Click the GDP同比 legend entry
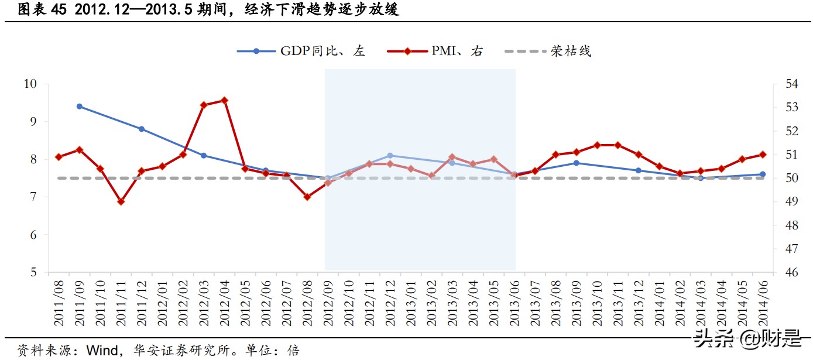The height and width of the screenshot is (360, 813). [x=301, y=51]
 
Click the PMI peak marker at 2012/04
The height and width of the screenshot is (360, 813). [x=224, y=100]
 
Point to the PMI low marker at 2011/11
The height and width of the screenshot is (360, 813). [x=121, y=201]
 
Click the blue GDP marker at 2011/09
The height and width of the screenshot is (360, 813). [x=79, y=107]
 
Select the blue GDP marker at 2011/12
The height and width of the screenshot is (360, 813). [x=141, y=129]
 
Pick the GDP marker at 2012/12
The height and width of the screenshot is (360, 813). [x=390, y=156]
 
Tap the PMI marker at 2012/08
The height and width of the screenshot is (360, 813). [x=307, y=197]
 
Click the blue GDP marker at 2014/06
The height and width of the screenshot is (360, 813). [x=763, y=174]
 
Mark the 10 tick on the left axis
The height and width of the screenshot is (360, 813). [x=30, y=84]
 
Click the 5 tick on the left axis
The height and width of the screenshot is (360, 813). [x=33, y=273]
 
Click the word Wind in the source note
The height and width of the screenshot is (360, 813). [x=100, y=350]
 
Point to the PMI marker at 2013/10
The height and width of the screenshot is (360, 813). [x=597, y=145]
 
